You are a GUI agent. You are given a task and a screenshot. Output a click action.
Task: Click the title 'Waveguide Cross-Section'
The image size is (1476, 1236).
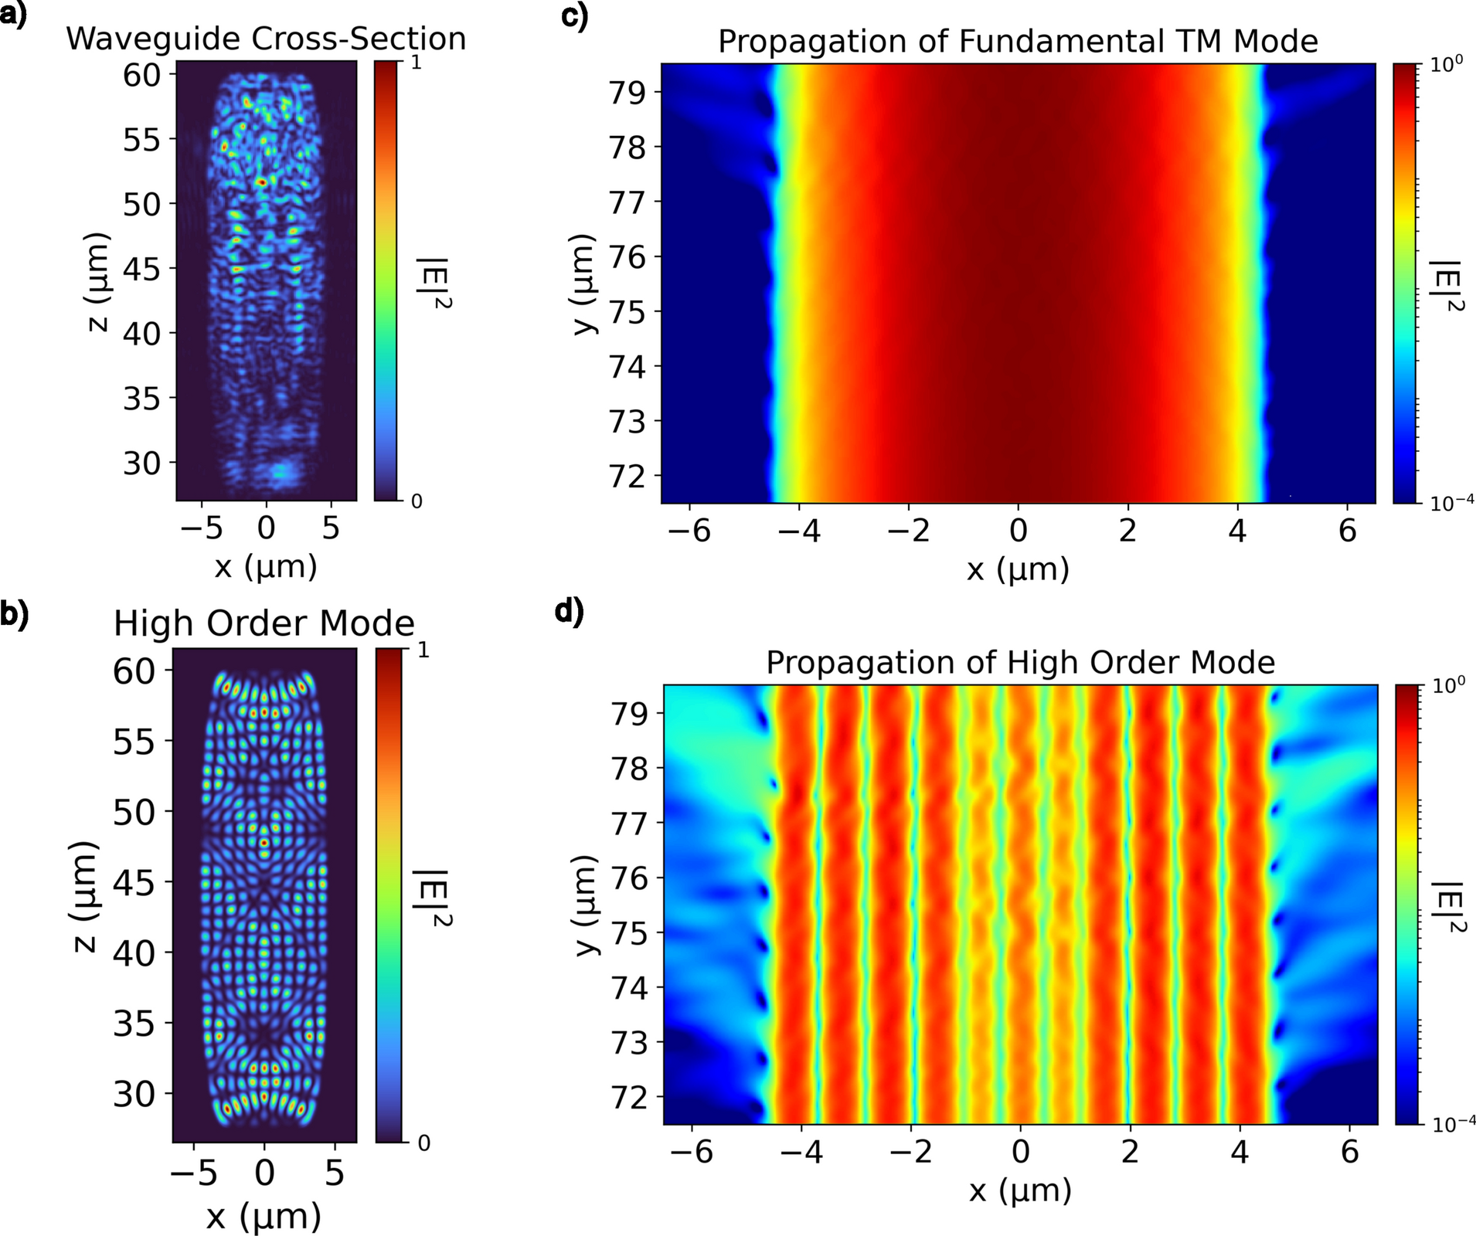pos(266,39)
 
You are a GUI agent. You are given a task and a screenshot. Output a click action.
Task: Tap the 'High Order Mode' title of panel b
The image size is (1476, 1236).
pos(264,623)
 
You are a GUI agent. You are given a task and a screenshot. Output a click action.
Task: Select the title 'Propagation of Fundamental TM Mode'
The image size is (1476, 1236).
pos(1018,41)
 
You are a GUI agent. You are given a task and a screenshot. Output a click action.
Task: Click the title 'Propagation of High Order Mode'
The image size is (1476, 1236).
pos(1020,662)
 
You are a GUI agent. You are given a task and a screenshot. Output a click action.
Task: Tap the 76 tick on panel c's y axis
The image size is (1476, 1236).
pos(627,256)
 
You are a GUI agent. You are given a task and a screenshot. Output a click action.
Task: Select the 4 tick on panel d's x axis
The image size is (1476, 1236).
pos(1240,1152)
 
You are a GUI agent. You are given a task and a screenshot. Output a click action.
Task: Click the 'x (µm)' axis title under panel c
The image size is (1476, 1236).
pos(1018,569)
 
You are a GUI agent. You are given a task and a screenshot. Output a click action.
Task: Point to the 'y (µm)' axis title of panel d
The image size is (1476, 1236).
pos(588,905)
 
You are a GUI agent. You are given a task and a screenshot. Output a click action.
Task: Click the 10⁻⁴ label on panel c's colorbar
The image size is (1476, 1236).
pos(1451,503)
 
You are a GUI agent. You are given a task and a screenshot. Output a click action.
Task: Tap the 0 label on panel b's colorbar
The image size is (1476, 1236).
pos(423,1143)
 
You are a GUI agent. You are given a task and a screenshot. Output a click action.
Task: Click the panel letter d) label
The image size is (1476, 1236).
pos(570,611)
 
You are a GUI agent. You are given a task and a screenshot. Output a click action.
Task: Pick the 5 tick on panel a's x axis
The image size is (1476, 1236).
pos(331,528)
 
